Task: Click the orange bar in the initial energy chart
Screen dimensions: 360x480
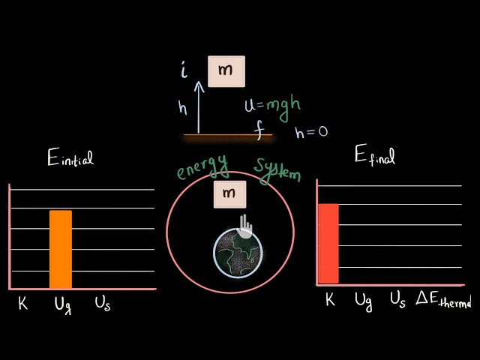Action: [61, 249]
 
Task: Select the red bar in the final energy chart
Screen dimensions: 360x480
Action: [328, 244]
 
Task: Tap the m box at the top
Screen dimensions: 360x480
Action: [226, 71]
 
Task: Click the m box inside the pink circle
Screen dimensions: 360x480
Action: [230, 194]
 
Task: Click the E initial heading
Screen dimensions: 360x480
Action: [70, 157]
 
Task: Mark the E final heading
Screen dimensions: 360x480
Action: [374, 155]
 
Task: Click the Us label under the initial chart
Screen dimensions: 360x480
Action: [102, 304]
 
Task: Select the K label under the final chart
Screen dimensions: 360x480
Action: [329, 300]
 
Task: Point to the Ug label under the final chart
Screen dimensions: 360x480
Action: [364, 302]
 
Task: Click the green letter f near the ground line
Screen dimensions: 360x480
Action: [259, 133]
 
